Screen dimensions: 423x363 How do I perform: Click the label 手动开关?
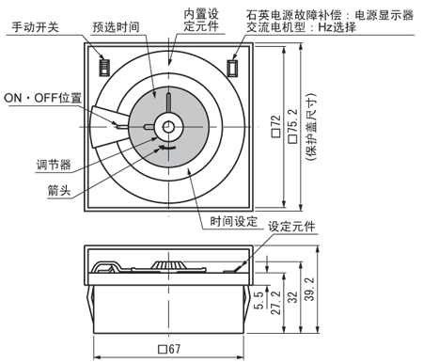tap(35, 27)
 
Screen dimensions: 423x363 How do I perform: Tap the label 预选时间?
tap(116, 27)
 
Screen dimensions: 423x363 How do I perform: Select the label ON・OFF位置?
tap(42, 98)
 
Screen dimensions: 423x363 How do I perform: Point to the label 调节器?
tap(54, 165)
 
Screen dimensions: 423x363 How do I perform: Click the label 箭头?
tap(59, 190)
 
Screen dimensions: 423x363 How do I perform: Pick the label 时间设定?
tap(233, 221)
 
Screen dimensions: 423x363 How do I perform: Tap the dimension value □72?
tap(276, 126)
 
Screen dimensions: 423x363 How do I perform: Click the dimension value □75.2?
tap(293, 126)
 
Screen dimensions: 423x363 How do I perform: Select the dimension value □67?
tap(169, 349)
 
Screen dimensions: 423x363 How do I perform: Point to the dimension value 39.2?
tap(309, 289)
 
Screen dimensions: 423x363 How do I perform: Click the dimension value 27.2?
tap(275, 303)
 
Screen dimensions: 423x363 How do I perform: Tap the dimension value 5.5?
tap(258, 301)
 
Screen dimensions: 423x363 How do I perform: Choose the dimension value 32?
tap(292, 297)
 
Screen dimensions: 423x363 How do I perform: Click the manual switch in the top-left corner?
tap(104, 67)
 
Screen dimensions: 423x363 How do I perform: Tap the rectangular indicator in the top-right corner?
tap(232, 68)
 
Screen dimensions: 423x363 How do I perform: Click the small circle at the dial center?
tap(169, 127)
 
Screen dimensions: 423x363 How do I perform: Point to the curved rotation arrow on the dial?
tap(167, 148)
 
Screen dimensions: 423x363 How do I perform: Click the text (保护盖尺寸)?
tap(311, 127)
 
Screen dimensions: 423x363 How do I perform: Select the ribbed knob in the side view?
tap(168, 265)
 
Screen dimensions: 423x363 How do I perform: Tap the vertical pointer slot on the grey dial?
tap(169, 103)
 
